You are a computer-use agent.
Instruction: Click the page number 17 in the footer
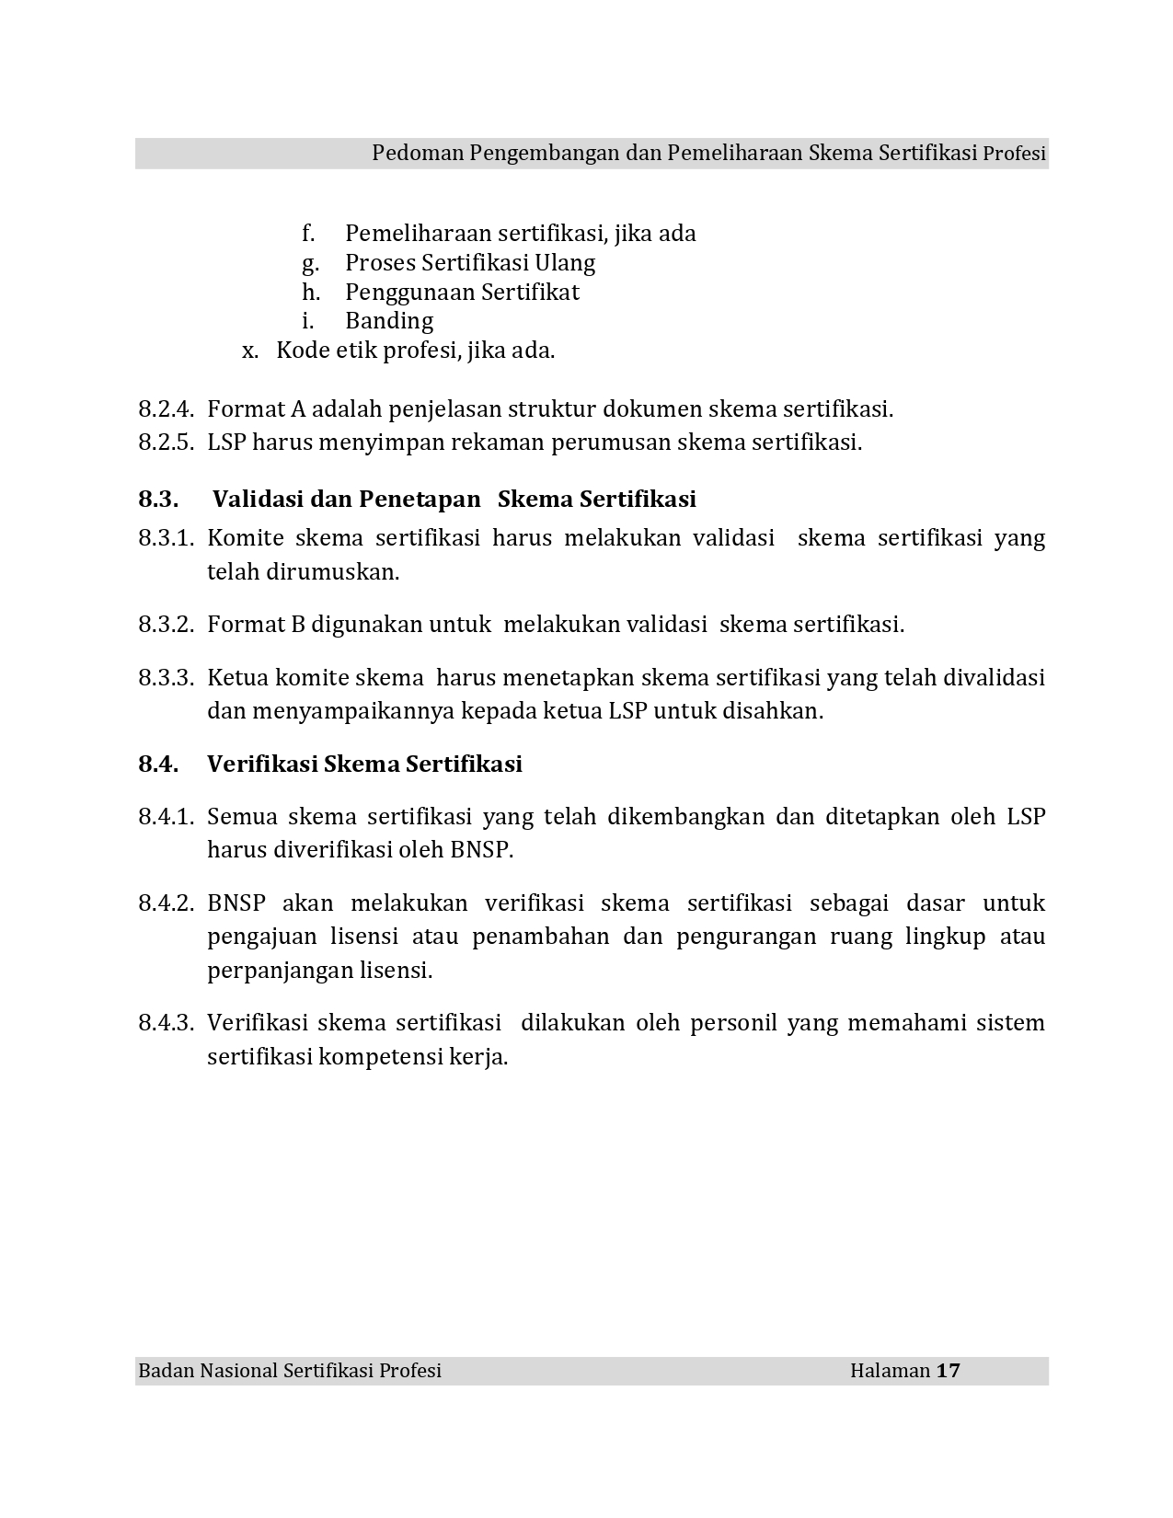coord(948,1371)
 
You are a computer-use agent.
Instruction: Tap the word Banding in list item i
coord(389,321)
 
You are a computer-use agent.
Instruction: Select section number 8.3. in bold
coord(158,500)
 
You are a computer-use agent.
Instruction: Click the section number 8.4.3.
coord(166,1023)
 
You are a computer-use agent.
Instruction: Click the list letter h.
coord(310,293)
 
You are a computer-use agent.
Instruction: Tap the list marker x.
coord(249,351)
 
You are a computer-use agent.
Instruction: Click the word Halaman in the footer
coord(890,1371)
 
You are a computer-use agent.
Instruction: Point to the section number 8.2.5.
coord(166,443)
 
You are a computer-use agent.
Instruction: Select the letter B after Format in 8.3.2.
coord(297,625)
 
